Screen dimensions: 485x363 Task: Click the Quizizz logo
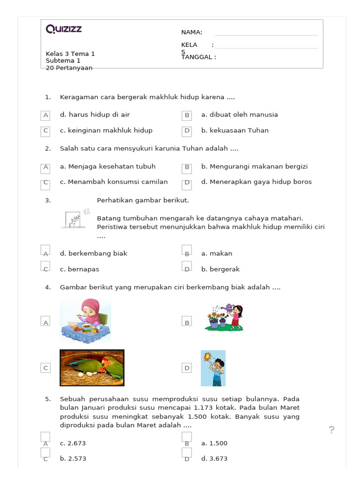pos(64,29)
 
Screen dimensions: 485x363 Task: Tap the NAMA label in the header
pos(191,32)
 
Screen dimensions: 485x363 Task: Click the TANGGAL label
pos(199,57)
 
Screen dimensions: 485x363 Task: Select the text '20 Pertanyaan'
pos(69,68)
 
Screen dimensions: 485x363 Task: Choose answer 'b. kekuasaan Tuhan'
pos(234,130)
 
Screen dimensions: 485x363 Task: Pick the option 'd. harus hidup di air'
pos(95,115)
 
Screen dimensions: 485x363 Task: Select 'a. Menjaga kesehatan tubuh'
pos(107,166)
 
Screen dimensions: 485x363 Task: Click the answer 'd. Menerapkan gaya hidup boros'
pos(256,182)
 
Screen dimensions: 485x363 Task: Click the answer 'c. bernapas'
pos(79,269)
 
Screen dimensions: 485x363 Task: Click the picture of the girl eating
pos(86,321)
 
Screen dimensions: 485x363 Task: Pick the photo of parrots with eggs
pos(92,368)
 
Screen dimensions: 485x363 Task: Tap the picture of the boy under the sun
pos(213,368)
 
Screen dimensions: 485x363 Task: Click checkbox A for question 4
pos(46,322)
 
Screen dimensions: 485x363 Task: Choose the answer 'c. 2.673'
pos(73,443)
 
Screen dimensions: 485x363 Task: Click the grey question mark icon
pos(332,430)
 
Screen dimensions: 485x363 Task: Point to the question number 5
pos(48,399)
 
